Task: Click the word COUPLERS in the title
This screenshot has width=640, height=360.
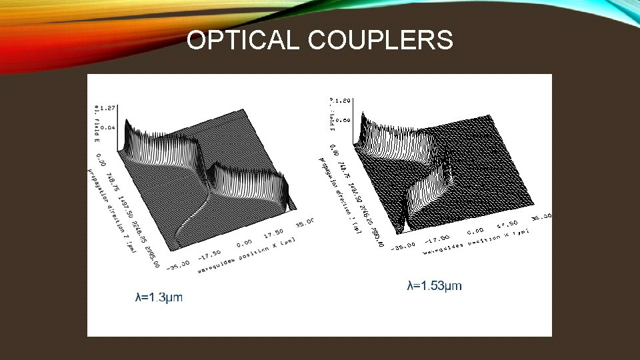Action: pos(381,41)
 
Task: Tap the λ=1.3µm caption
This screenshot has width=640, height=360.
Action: pos(159,297)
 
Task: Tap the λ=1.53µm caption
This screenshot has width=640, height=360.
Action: pos(434,285)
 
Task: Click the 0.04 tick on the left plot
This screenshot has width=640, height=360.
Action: pos(107,127)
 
